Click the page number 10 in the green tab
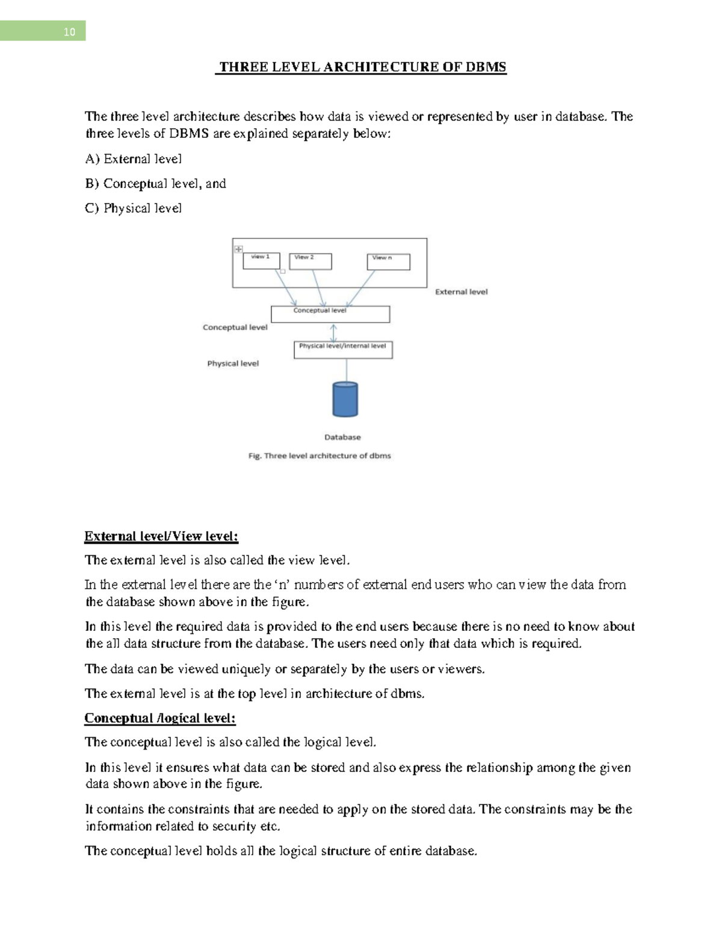pyautogui.click(x=69, y=32)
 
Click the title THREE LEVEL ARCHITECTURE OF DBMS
pyautogui.click(x=362, y=67)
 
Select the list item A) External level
pyautogui.click(x=133, y=159)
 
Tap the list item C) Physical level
pyautogui.click(x=133, y=208)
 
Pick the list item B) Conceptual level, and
pyautogui.click(x=155, y=184)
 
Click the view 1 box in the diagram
pyautogui.click(x=261, y=261)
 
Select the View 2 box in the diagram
pyautogui.click(x=310, y=261)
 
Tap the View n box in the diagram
pyautogui.click(x=388, y=262)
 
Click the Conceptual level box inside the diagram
pyautogui.click(x=330, y=314)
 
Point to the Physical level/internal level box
pyautogui.click(x=343, y=350)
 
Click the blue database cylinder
pyautogui.click(x=345, y=399)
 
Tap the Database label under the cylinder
pyautogui.click(x=342, y=437)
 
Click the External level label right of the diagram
pyautogui.click(x=461, y=292)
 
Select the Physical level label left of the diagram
pyautogui.click(x=233, y=364)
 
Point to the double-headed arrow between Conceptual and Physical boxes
pyautogui.click(x=334, y=332)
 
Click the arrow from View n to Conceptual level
pyautogui.click(x=361, y=288)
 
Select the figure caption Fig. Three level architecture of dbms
pyautogui.click(x=319, y=456)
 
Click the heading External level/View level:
pyautogui.click(x=161, y=536)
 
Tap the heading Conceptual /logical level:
pyautogui.click(x=159, y=718)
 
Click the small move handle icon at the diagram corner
pyautogui.click(x=238, y=249)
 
